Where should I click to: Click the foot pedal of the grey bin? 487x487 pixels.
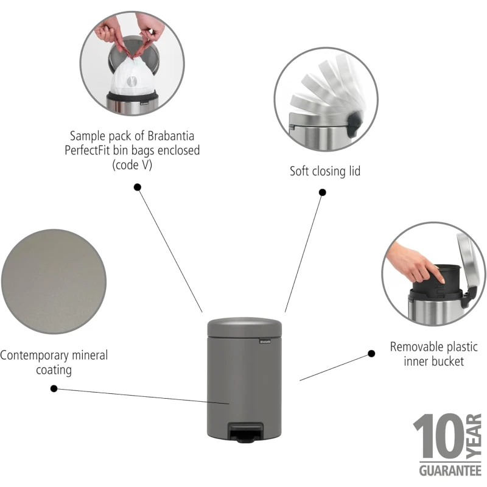245,432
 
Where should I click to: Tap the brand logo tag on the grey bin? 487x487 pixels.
265,342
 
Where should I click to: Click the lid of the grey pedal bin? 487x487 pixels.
245,327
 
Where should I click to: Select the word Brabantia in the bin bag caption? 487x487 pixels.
171,136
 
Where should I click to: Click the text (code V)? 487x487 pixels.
132,164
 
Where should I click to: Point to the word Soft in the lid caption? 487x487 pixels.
300,171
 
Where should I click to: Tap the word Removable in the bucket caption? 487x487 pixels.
416,346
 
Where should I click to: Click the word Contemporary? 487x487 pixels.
34,356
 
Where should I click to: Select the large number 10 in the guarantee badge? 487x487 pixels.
439,436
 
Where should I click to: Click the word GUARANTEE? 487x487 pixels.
450,471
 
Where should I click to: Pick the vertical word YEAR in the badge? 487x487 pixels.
474,436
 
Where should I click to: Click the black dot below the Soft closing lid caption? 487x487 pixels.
323,192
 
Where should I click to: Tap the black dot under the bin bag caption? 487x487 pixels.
138,187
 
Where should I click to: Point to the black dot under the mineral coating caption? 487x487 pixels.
54,388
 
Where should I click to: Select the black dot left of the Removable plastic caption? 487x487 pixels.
371,354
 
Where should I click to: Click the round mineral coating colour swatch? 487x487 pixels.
54,282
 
